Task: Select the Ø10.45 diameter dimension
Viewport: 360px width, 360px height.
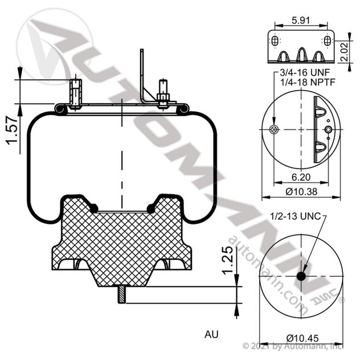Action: point(301,336)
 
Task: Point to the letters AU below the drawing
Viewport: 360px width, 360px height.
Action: point(211,334)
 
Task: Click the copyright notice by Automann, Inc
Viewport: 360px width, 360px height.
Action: point(300,346)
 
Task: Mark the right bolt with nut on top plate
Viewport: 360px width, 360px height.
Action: point(162,96)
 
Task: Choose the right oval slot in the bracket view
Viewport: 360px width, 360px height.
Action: point(328,42)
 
